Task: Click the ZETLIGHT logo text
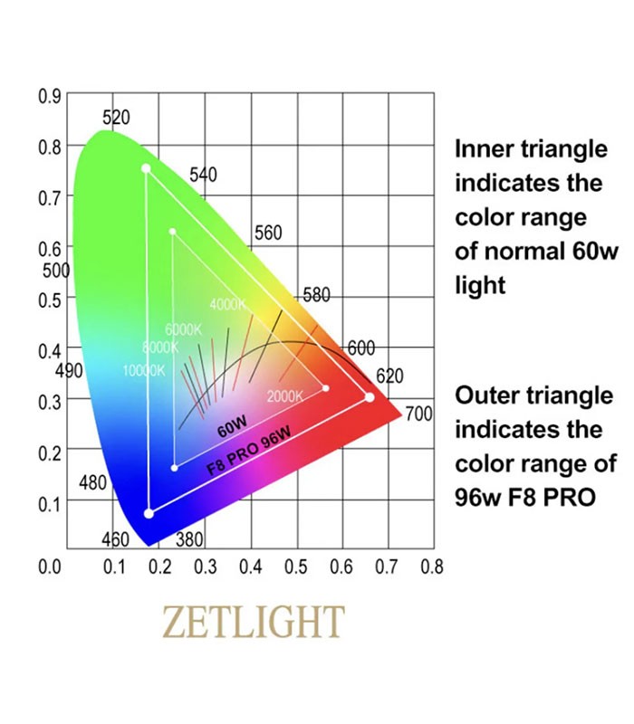click(253, 622)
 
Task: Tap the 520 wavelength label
click(116, 118)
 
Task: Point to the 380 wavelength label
click(188, 540)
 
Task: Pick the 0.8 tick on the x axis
click(432, 567)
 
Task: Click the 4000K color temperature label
click(227, 304)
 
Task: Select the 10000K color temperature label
click(143, 370)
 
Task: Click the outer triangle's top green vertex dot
click(145, 168)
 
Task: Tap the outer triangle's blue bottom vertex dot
click(149, 514)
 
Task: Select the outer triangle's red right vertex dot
click(370, 397)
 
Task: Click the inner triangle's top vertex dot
click(172, 232)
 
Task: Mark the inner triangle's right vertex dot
click(326, 388)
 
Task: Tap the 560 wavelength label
click(268, 233)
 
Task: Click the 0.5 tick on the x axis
click(296, 567)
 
